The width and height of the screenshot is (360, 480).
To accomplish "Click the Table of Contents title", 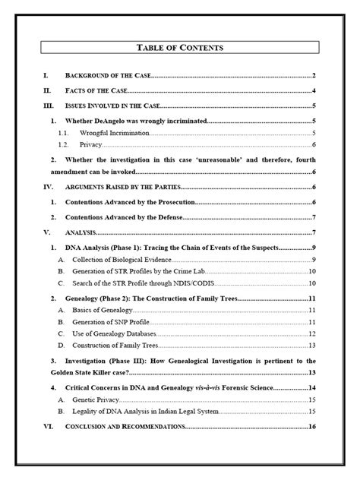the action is pyautogui.click(x=180, y=48).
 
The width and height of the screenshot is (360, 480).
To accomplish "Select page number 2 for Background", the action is pyautogui.click(x=313, y=76).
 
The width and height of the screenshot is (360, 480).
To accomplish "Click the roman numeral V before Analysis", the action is pyautogui.click(x=46, y=232).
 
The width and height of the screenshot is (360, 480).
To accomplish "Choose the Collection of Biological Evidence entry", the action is pyautogui.click(x=124, y=260).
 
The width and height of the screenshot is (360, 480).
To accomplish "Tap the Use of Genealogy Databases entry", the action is pyautogui.click(x=118, y=333).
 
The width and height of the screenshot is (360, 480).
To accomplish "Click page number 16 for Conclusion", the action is pyautogui.click(x=311, y=427).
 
